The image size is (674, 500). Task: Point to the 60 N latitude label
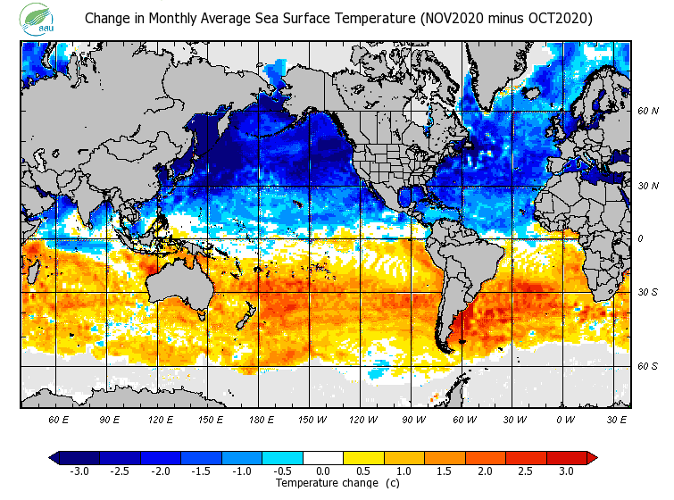(x=648, y=111)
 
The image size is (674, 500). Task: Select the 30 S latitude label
(x=648, y=292)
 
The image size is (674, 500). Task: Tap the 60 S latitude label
(x=648, y=366)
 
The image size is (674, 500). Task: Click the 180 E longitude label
(x=261, y=419)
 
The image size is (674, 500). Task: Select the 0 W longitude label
(x=565, y=419)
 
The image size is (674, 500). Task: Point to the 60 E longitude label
(x=59, y=419)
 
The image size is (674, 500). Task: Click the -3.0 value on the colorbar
(x=79, y=471)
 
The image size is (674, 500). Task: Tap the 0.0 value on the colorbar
(x=323, y=471)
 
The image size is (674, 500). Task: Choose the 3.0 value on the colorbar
(x=566, y=471)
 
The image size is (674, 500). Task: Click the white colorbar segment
(x=323, y=457)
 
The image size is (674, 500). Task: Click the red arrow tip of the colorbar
(x=592, y=457)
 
